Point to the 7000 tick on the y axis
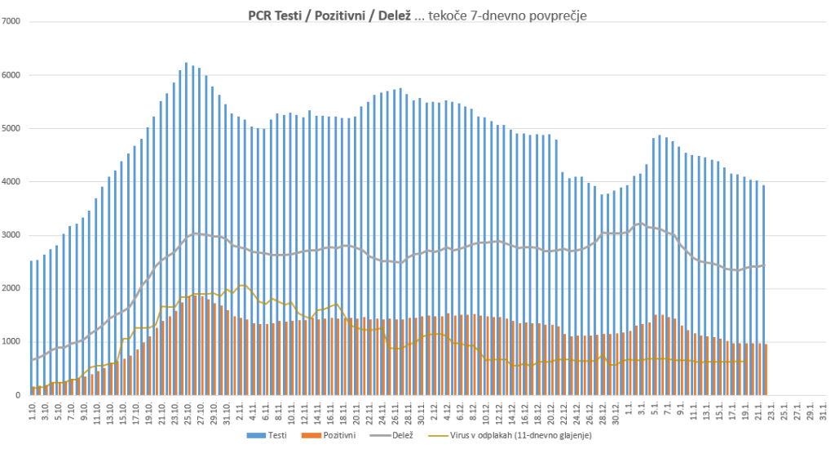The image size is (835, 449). pos(12,21)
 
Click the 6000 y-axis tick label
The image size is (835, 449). pos(12,75)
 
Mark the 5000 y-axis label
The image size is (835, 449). pos(12,128)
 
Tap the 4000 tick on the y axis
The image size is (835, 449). pos(12,182)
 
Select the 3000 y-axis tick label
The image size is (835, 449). pos(12,235)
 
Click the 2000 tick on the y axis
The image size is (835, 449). pos(12,288)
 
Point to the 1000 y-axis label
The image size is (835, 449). pos(12,342)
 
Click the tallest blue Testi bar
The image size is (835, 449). pos(186,229)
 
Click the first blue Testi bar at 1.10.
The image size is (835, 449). pos(31,327)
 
